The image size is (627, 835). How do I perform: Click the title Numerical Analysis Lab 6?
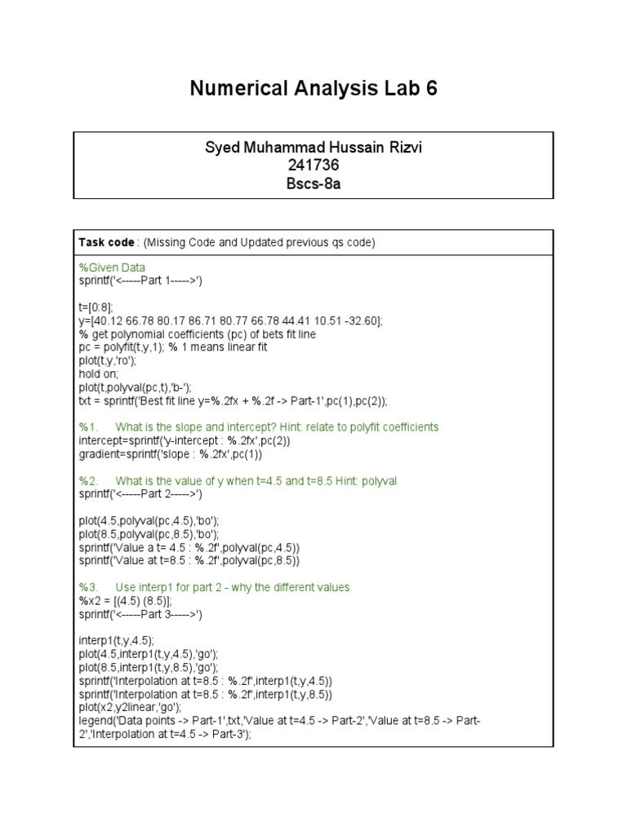coord(313,89)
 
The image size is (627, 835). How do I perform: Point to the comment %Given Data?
coord(112,267)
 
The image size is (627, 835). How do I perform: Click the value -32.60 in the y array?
coord(359,320)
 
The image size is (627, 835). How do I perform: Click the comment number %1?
coord(88,427)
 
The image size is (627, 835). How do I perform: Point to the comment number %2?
coord(88,481)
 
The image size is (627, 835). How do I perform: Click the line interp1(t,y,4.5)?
coord(116,641)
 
